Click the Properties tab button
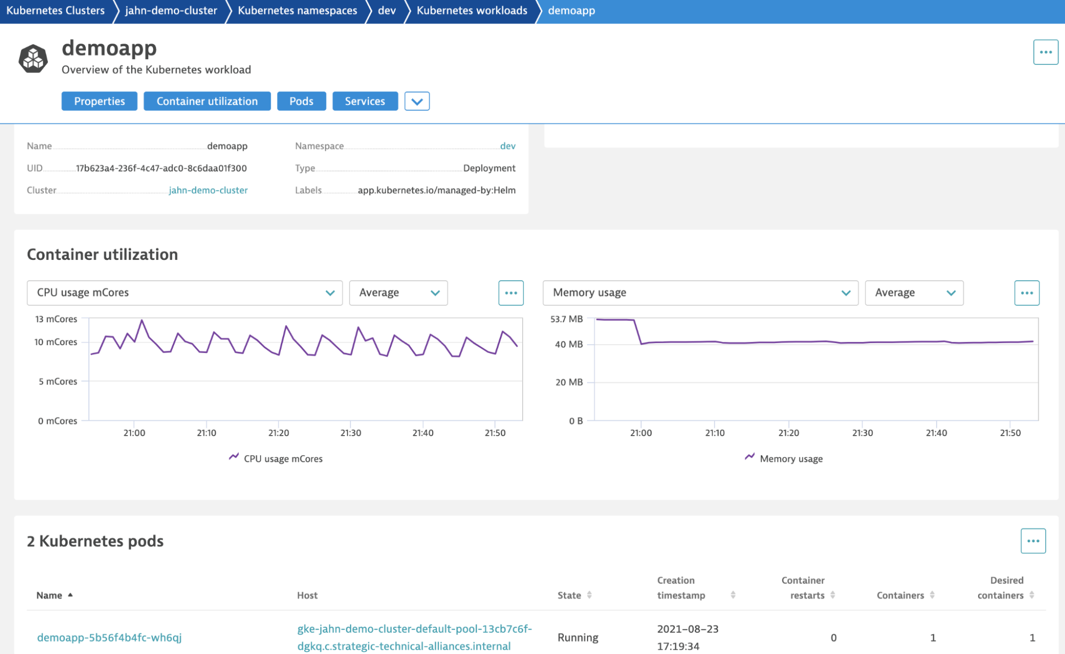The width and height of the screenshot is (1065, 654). pyautogui.click(x=99, y=101)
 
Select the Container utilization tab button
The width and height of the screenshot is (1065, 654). pyautogui.click(x=207, y=101)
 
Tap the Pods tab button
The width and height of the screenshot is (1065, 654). pyautogui.click(x=301, y=101)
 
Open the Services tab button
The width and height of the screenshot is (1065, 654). pyautogui.click(x=364, y=101)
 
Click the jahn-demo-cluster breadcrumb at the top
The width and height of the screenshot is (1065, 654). pyautogui.click(x=171, y=11)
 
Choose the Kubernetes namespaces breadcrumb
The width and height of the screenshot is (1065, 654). pyautogui.click(x=297, y=11)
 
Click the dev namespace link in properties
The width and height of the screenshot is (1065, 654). pyautogui.click(x=507, y=146)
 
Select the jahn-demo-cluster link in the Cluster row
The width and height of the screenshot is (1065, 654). pyautogui.click(x=208, y=190)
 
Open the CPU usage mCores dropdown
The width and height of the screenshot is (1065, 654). pyautogui.click(x=184, y=293)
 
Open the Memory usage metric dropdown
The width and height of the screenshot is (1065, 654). pyautogui.click(x=700, y=293)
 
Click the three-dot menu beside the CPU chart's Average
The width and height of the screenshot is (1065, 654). pyautogui.click(x=510, y=293)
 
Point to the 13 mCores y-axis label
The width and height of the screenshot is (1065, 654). pyautogui.click(x=56, y=319)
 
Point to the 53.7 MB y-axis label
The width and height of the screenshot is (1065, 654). pyautogui.click(x=566, y=319)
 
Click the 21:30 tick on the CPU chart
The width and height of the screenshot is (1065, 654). pyautogui.click(x=351, y=433)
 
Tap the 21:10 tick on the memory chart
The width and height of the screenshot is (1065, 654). pyautogui.click(x=714, y=433)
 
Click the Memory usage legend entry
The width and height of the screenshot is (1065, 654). pyautogui.click(x=791, y=459)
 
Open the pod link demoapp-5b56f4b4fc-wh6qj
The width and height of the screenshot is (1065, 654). pyautogui.click(x=109, y=637)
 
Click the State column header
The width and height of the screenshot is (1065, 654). pyautogui.click(x=569, y=595)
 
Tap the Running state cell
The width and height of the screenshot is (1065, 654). pyautogui.click(x=578, y=637)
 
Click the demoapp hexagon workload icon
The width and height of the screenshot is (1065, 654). pyautogui.click(x=33, y=58)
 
